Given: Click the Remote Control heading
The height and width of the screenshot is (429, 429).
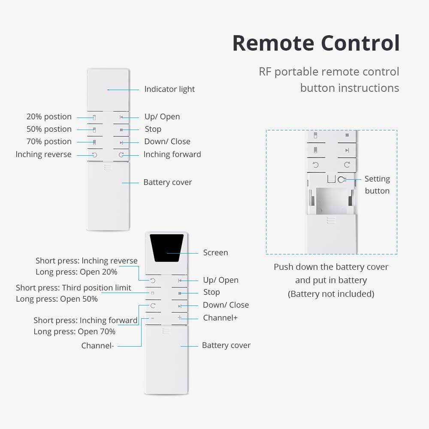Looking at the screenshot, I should (316, 43).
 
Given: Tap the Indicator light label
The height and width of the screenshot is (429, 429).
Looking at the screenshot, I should (169, 89).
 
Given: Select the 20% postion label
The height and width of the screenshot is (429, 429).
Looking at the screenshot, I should (49, 117).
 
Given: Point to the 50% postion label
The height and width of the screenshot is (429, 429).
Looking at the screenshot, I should (49, 129).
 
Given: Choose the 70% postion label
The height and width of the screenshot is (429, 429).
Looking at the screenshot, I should (49, 142).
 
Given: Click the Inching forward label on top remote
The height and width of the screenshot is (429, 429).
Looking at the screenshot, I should (172, 154).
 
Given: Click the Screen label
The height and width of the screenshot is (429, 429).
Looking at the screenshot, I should (215, 253).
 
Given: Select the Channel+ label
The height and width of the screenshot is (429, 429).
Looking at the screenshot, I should (220, 318).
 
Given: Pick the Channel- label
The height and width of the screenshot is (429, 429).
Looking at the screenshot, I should (97, 345).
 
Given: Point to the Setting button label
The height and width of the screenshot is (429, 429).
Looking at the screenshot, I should (377, 185).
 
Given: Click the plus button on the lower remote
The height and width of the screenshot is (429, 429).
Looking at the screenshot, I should (180, 318).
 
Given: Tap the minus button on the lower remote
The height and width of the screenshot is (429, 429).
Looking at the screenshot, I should (152, 318).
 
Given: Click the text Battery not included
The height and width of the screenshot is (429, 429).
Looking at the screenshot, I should (331, 294).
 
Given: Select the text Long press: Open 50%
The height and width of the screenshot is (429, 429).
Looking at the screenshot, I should (57, 299).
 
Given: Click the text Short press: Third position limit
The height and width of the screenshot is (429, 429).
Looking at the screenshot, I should (73, 287).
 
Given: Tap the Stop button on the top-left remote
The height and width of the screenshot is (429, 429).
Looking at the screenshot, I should (121, 129).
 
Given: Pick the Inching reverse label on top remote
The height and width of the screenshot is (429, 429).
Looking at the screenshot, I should (43, 154).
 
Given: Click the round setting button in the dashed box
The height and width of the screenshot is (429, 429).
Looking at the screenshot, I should (341, 180).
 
